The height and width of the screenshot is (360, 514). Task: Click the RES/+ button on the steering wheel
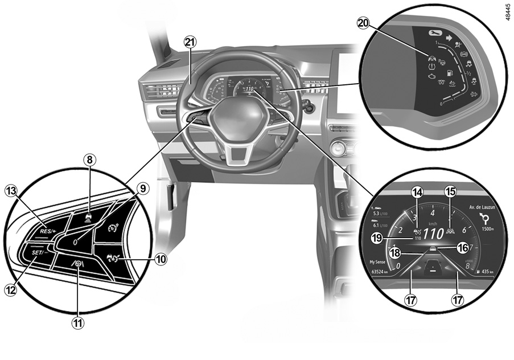click(x=48, y=231)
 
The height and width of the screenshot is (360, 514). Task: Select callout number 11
click(x=77, y=323)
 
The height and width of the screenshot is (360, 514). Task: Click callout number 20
click(x=363, y=23)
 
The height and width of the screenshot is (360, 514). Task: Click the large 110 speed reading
click(x=433, y=234)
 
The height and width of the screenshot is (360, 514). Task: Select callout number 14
click(x=418, y=193)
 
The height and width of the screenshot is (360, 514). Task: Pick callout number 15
click(x=450, y=193)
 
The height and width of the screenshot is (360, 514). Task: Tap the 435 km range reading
click(x=484, y=272)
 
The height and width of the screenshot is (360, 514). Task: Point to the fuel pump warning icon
click(x=449, y=73)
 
